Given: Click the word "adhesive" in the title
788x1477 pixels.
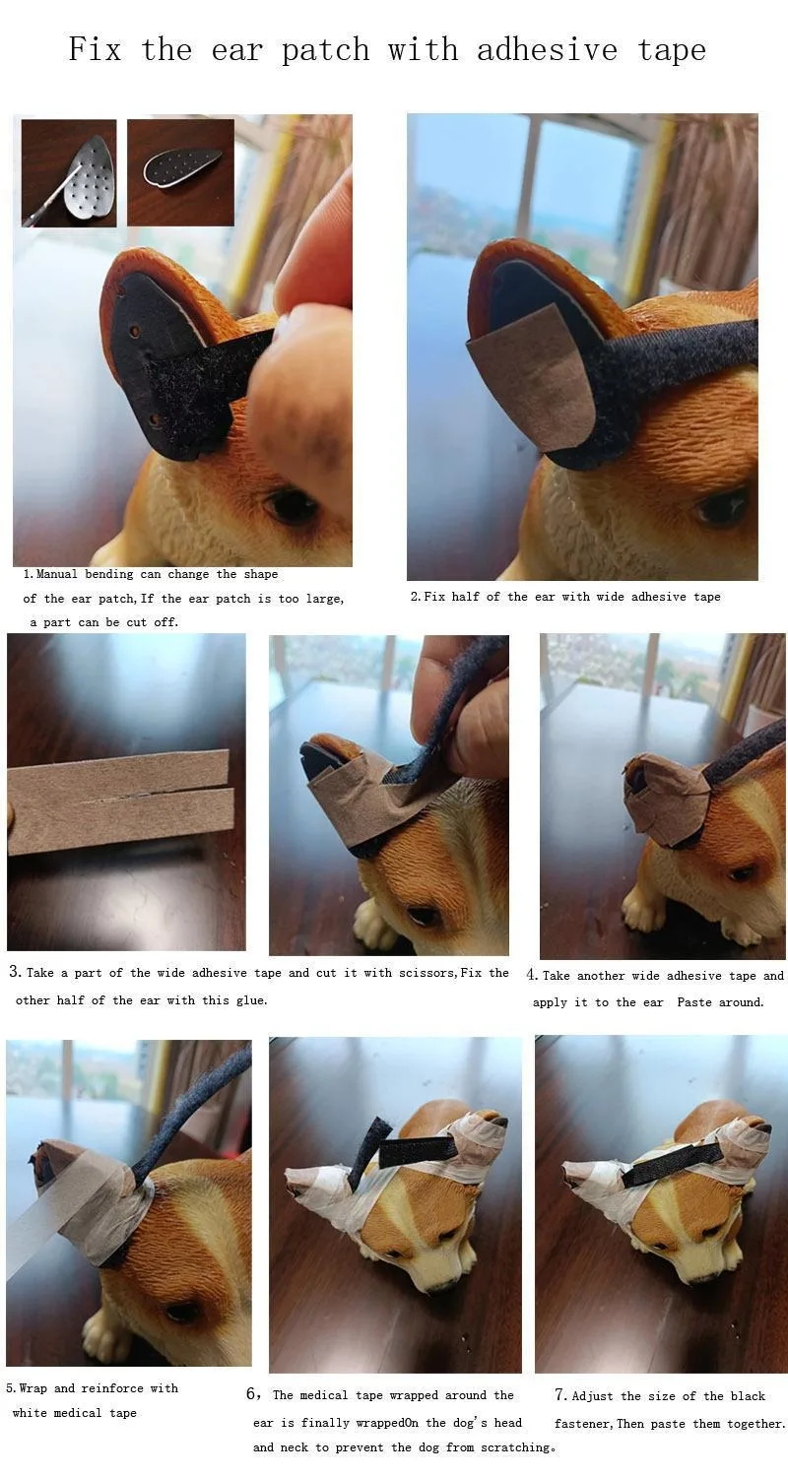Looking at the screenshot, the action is [547, 50].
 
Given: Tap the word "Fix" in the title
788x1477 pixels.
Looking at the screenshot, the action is [95, 49].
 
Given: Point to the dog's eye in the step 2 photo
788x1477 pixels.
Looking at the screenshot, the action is [723, 510].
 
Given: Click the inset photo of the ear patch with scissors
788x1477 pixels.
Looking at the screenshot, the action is [69, 172].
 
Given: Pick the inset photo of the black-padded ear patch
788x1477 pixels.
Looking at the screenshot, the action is [180, 172].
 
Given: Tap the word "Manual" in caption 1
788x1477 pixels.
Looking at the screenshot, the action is [57, 574].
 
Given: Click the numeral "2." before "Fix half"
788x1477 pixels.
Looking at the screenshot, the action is [416, 597].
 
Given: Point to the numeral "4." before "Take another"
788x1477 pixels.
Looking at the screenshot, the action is [532, 975].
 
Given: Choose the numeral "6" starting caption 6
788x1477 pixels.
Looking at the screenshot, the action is [252, 1394].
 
